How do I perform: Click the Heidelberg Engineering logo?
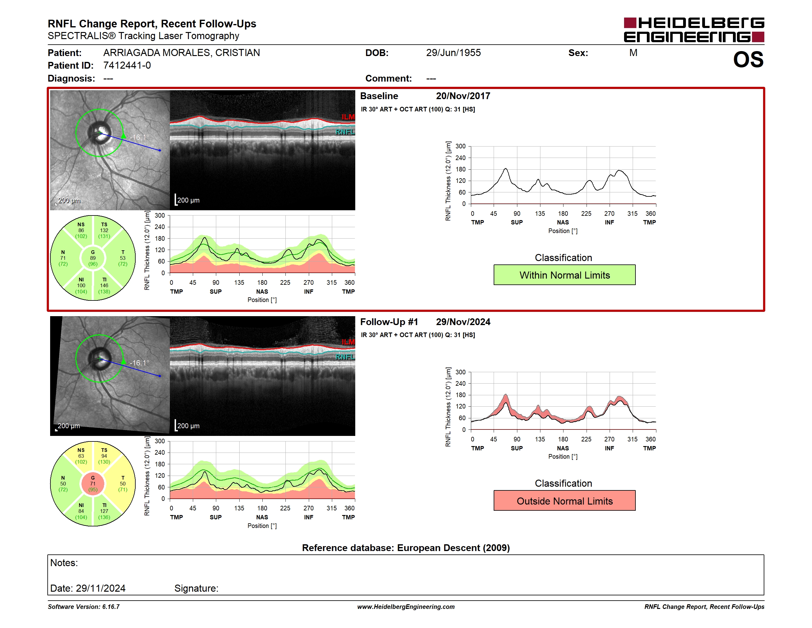(x=694, y=30)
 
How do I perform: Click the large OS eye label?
(x=748, y=59)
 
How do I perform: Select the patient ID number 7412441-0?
(x=127, y=66)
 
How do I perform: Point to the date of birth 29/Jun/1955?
(x=453, y=53)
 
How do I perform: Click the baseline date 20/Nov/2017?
(x=463, y=96)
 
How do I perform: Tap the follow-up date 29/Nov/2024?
(x=463, y=322)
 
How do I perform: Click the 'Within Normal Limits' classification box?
(x=564, y=275)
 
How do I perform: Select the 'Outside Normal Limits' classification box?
(x=564, y=501)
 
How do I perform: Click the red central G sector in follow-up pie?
(x=93, y=484)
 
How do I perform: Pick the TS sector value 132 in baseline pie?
(x=104, y=230)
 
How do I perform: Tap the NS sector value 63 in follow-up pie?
(x=81, y=456)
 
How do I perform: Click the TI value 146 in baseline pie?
(x=104, y=285)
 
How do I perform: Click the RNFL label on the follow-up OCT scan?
(x=345, y=357)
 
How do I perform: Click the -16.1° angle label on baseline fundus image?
(x=139, y=137)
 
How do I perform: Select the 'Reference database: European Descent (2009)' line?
(x=406, y=548)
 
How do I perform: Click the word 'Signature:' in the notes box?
(x=196, y=588)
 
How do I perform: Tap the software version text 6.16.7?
(x=111, y=607)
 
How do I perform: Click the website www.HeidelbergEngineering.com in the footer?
(x=406, y=607)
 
